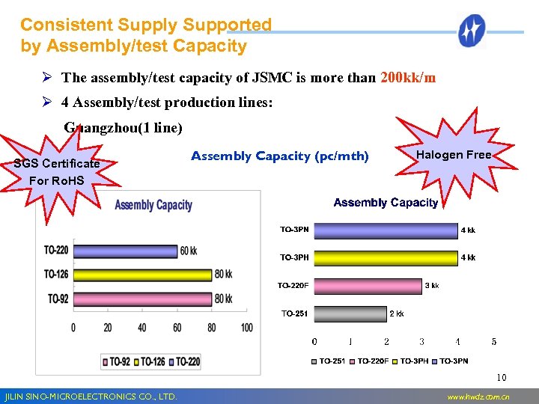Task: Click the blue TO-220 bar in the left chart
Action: coord(125,251)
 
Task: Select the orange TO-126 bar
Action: coord(142,275)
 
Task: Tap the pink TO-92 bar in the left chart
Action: coord(142,299)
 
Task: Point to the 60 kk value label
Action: coord(189,251)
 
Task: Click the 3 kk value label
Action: coord(432,286)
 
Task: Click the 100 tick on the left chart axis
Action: coord(247,328)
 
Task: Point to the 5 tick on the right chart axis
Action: coord(493,342)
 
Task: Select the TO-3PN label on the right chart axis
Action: coord(294,230)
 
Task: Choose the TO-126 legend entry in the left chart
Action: coord(153,361)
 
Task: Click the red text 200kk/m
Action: coord(409,78)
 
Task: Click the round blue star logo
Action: coord(472,31)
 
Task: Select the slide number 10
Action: coord(502,377)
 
